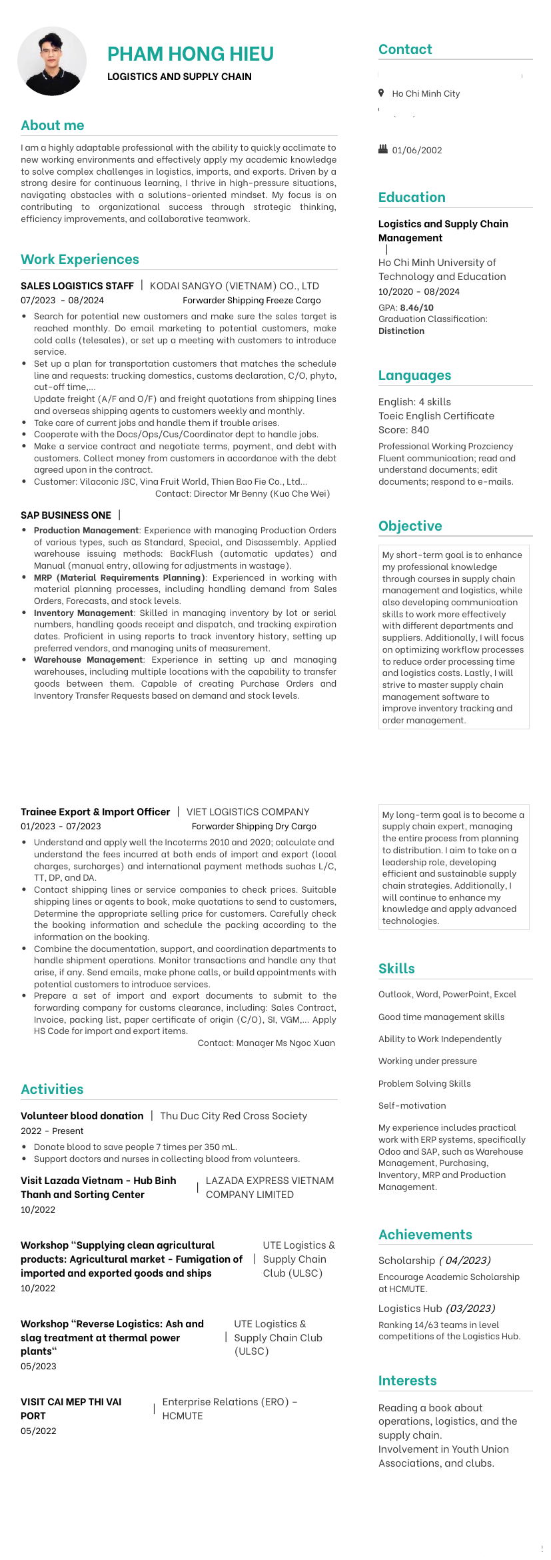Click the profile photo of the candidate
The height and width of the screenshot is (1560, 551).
click(52, 61)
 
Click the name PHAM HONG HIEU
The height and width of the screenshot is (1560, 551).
click(191, 54)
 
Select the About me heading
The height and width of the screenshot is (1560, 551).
click(53, 125)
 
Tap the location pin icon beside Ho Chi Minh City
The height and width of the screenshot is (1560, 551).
click(381, 93)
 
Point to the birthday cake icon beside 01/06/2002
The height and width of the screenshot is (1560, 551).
click(382, 149)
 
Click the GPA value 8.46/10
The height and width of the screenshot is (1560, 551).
click(416, 307)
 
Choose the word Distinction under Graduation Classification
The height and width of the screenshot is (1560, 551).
click(401, 331)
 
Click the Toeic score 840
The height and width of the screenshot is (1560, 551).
click(420, 430)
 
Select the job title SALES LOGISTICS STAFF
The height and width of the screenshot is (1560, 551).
click(77, 286)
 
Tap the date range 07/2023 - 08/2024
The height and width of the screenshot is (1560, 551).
click(62, 301)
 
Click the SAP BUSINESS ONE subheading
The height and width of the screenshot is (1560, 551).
click(66, 515)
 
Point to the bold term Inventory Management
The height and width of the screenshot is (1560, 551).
click(83, 613)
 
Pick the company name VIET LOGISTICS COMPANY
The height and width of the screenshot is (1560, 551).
click(248, 812)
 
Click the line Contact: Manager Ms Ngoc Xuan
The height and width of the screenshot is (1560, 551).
click(266, 1043)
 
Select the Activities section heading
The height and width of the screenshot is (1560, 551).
click(52, 1089)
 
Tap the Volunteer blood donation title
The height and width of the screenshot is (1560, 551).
click(82, 1116)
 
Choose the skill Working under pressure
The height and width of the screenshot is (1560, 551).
click(427, 1061)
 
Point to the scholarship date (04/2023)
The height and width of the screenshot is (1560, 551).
click(464, 1261)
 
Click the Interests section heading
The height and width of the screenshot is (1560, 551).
click(407, 1381)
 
